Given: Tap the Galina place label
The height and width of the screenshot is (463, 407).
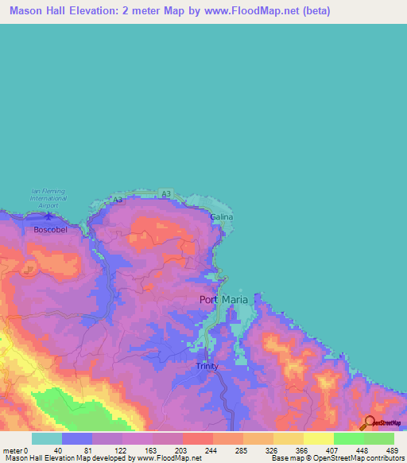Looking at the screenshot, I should coord(221,216).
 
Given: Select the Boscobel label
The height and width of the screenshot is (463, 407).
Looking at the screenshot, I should coord(49,230).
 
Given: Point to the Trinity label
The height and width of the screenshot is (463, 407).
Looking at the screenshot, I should coord(207,366).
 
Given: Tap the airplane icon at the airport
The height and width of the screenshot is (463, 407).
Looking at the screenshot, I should coord(49,214).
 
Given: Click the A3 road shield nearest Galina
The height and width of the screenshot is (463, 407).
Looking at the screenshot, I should coord(165,193).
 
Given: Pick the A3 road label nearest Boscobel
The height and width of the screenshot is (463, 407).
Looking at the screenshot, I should coord(118,200).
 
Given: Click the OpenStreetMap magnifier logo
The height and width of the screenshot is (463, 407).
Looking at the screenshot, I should coord(369,423).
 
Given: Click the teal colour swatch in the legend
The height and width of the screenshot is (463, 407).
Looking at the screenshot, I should coord(46,438).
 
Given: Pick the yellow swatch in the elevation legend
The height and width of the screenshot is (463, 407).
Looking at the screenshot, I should coord(318,438).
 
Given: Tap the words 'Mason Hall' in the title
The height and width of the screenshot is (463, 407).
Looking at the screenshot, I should coord(37,11).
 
